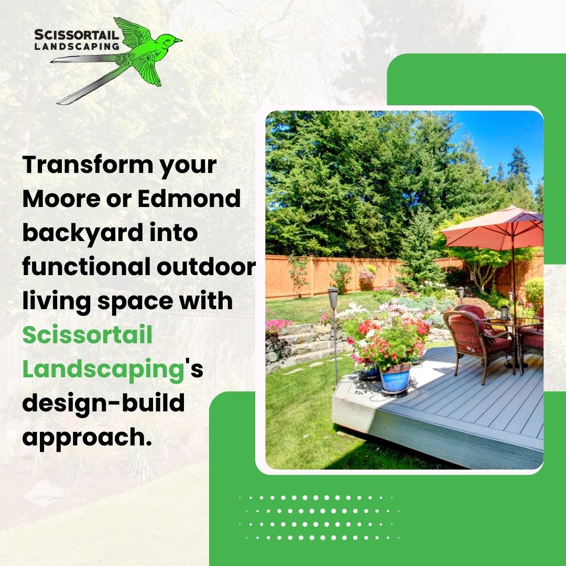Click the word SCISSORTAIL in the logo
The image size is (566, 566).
pyautogui.click(x=77, y=35)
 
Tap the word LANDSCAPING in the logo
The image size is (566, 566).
pyautogui.click(x=77, y=46)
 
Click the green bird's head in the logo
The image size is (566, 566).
pyautogui.click(x=170, y=40)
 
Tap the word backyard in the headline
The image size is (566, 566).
pyautogui.click(x=83, y=233)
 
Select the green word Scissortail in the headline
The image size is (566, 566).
pyautogui.click(x=88, y=334)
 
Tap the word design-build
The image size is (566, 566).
pyautogui.click(x=104, y=403)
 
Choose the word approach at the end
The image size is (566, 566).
pyautogui.click(x=84, y=438)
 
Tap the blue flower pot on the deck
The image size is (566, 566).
pyautogui.click(x=395, y=378)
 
